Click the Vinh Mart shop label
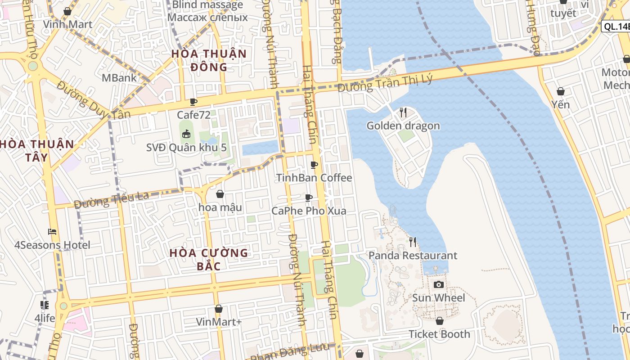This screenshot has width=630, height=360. [x=67, y=24]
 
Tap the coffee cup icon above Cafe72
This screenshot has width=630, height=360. [x=193, y=102]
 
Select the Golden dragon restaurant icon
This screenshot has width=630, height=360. [x=403, y=112]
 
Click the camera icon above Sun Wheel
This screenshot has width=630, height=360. [x=439, y=284]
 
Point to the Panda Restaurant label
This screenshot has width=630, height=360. [x=413, y=256]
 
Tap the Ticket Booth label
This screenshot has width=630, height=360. [x=439, y=334]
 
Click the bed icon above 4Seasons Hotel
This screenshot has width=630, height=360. [x=52, y=232]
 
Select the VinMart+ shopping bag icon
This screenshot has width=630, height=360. [x=219, y=309]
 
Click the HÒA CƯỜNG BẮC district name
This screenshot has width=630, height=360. [x=209, y=259]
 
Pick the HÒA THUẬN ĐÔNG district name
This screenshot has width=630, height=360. [x=209, y=60]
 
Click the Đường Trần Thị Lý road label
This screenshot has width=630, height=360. [x=385, y=83]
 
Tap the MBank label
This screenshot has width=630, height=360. [x=119, y=78]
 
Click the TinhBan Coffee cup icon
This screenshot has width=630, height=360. [x=314, y=165]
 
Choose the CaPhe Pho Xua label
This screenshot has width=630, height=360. [x=309, y=211]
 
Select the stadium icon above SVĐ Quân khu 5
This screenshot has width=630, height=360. [x=186, y=134]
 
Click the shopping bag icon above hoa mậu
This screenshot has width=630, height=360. [x=220, y=194]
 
